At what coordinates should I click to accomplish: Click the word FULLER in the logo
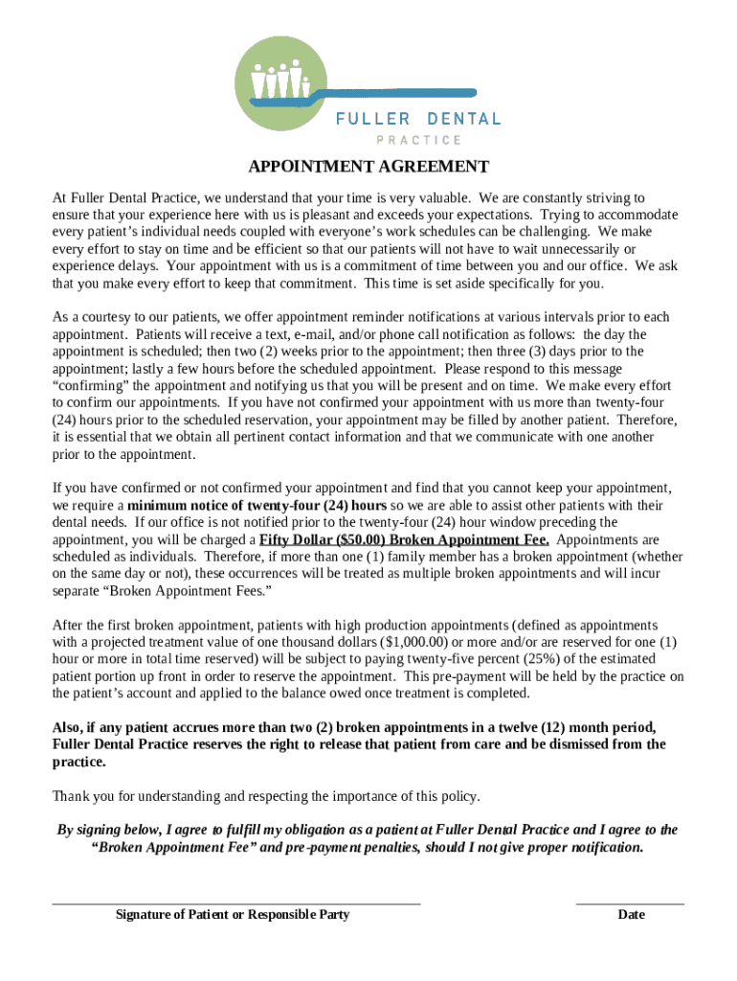point(373,119)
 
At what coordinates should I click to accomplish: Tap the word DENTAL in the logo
point(463,119)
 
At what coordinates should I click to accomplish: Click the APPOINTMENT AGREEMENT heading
point(368,167)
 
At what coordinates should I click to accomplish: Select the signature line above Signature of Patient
point(235,902)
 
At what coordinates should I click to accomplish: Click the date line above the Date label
point(630,902)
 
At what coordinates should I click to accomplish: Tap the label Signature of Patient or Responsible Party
point(233,915)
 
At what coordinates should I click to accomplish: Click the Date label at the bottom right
point(632,915)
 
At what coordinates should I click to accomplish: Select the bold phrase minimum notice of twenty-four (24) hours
point(257,505)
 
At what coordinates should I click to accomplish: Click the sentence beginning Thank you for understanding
point(266,796)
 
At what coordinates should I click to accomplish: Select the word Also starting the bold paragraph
point(67,727)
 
